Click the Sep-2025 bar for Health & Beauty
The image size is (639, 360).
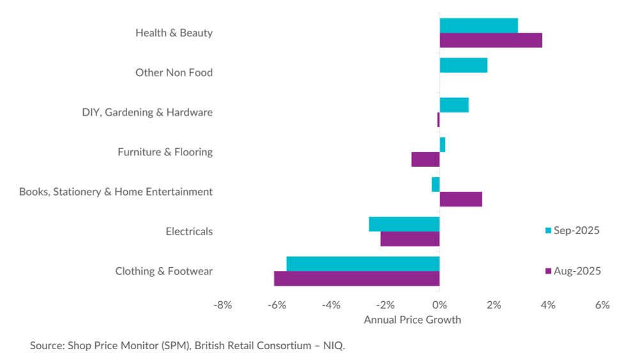click(x=479, y=26)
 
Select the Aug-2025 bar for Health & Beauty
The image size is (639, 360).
click(x=491, y=40)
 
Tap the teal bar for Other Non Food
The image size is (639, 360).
click(x=463, y=65)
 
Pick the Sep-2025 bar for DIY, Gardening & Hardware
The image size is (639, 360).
click(x=454, y=105)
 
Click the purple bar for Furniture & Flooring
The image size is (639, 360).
click(x=426, y=159)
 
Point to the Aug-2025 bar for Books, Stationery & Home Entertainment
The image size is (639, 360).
click(x=461, y=199)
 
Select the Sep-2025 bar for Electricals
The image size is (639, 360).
click(x=404, y=224)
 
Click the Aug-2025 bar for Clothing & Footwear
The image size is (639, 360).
click(x=357, y=279)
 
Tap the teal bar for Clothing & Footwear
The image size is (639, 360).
click(x=363, y=263)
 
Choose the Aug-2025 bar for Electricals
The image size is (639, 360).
click(x=410, y=239)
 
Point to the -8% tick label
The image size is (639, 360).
click(x=222, y=306)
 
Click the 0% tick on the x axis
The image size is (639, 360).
click(x=440, y=306)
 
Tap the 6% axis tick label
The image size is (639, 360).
click(x=602, y=306)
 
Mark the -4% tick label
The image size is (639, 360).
click(x=331, y=306)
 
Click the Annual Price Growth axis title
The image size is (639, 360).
click(x=412, y=320)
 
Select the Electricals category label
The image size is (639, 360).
click(x=189, y=231)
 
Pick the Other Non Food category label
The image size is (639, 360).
click(x=174, y=72)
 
